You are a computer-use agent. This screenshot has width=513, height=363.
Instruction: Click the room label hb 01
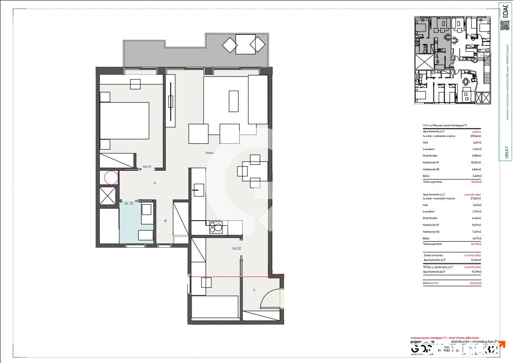coord(147,167)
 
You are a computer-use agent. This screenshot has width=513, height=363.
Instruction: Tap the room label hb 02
coord(237,249)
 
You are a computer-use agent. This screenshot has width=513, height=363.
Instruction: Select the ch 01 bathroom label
coord(129,203)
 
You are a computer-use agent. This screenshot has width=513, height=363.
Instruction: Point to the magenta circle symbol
coord(111,178)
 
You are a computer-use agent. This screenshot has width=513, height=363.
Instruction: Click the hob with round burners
coord(216,227)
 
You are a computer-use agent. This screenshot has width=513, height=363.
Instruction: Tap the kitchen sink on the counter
coord(199,190)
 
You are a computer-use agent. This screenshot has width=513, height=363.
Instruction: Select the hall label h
coord(254,290)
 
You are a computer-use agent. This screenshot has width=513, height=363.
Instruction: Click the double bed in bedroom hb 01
coord(125,120)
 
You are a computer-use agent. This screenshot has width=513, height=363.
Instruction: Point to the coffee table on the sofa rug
coord(234,101)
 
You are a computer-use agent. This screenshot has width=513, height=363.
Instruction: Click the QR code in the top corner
coord(504,25)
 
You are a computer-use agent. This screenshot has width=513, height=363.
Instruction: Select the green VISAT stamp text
coord(506,152)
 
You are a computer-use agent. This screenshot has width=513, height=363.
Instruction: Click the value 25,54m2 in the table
coord(476,136)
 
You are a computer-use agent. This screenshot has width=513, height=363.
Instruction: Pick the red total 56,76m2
coord(476,182)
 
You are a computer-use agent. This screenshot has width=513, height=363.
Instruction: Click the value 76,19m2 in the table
coord(476,272)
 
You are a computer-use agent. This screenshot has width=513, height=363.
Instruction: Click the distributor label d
coord(155,183)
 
